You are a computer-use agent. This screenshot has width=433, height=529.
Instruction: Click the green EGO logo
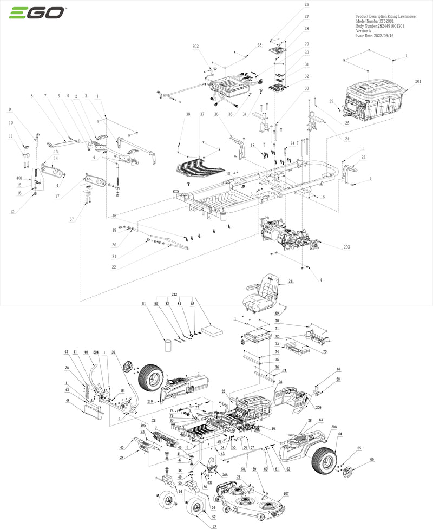click(x=37, y=12)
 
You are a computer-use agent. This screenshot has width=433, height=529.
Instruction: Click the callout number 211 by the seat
click(x=291, y=282)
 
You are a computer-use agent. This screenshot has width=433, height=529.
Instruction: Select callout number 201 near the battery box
click(x=418, y=81)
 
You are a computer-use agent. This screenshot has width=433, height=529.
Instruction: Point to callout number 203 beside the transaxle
click(x=346, y=247)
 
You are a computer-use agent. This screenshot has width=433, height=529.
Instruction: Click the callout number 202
click(x=195, y=47)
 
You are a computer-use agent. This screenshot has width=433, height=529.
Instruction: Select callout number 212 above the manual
click(x=174, y=294)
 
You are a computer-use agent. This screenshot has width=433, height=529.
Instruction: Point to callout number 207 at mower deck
click(x=286, y=494)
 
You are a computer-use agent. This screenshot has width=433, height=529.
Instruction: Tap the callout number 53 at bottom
click(x=214, y=526)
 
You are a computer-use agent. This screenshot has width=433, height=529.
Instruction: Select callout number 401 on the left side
click(x=19, y=178)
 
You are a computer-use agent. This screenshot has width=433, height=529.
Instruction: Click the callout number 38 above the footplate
click(x=188, y=115)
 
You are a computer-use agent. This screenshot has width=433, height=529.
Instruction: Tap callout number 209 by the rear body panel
click(x=318, y=407)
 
